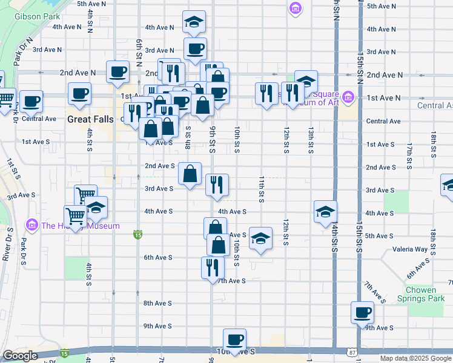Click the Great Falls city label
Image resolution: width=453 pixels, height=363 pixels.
(x=90, y=119)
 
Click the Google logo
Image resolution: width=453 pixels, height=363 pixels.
(x=20, y=356)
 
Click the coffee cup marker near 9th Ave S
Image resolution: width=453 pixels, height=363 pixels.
(x=363, y=313)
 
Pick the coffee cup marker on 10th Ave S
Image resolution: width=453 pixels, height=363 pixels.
(x=234, y=339)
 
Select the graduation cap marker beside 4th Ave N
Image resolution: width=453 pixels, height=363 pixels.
(x=194, y=22)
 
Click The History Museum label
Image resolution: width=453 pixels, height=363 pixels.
(x=80, y=226)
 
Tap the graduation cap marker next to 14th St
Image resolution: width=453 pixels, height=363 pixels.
(x=325, y=212)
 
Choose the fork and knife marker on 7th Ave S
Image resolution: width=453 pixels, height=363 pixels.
(x=212, y=267)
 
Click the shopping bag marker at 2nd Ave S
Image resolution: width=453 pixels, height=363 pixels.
(x=190, y=174)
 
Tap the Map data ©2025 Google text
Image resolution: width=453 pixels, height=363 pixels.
(x=415, y=358)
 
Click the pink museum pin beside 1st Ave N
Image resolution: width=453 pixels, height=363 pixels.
(x=348, y=97)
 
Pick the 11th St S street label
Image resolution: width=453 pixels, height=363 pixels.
(x=262, y=189)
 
